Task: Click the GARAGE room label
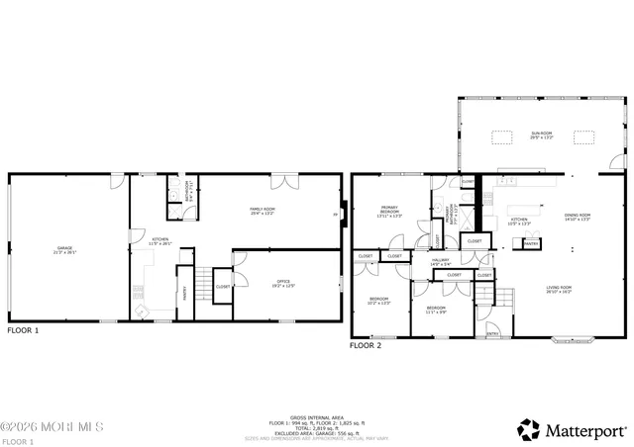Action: point(65,249)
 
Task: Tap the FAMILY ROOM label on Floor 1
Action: point(263,211)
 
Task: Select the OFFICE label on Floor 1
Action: point(286,286)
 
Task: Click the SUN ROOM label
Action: point(540,134)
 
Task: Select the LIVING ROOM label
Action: point(559,290)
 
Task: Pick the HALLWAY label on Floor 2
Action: point(441,262)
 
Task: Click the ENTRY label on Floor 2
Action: point(492,334)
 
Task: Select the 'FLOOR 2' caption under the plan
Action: point(366,346)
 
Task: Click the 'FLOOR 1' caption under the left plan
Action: point(22,331)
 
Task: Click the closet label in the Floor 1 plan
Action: point(222,288)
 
